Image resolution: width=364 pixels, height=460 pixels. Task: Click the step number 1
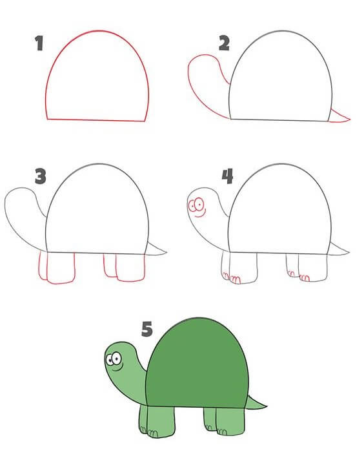[x=39, y=43]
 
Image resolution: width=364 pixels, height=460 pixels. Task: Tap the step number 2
[x=224, y=43]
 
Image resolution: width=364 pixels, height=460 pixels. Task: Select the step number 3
[x=41, y=176]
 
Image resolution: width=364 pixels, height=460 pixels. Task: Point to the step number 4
[x=227, y=176]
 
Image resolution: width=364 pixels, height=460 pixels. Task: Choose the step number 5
[x=147, y=329]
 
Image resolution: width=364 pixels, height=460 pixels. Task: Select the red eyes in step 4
[x=196, y=204]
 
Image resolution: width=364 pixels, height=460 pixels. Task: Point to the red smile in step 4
[x=200, y=215]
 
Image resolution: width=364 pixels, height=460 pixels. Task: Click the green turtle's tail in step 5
[x=255, y=403]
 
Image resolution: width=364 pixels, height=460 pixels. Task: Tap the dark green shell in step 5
[x=197, y=364]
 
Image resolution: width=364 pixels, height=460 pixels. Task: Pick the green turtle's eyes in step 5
[x=114, y=359]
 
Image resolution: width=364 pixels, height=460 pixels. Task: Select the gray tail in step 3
[x=156, y=249]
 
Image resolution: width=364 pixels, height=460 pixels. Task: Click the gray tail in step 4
[x=338, y=249]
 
